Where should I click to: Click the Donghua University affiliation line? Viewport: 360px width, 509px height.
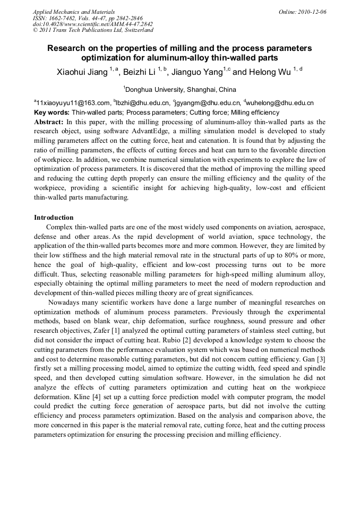181,89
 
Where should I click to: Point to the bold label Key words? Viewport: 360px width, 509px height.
52,113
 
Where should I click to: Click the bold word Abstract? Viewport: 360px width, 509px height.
49,122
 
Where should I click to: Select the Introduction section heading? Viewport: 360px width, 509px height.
54,218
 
